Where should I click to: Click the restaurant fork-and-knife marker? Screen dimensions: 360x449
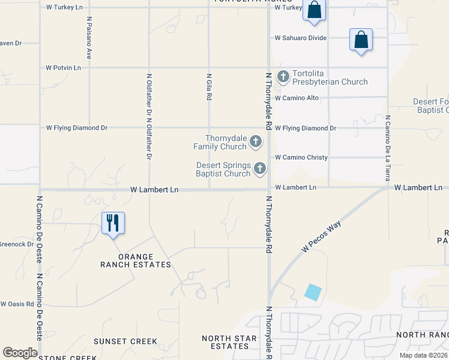[x=113, y=223]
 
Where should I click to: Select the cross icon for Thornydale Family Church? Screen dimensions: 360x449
[x=256, y=142]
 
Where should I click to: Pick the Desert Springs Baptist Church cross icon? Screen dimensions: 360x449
[x=260, y=169]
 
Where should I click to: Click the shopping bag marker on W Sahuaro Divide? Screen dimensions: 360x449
[x=361, y=40]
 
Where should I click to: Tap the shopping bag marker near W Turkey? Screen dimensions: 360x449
[x=314, y=10]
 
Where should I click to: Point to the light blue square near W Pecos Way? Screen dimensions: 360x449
[x=313, y=292]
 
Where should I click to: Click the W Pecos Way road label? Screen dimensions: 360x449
[x=316, y=238]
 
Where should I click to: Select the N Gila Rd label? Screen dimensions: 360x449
[x=209, y=87]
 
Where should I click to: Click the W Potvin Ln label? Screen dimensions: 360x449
[x=64, y=68]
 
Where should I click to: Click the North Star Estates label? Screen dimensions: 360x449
[x=225, y=342]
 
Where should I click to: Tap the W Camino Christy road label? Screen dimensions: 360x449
[x=301, y=157]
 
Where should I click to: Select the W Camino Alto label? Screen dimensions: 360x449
[x=297, y=98]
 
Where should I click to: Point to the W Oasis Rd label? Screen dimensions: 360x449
[x=17, y=304]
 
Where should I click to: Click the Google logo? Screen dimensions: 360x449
[x=20, y=353]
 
